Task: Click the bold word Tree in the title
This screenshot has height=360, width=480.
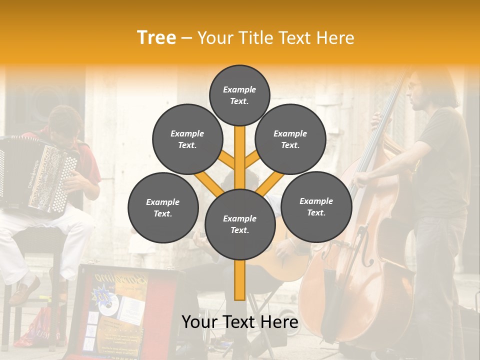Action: tap(156, 37)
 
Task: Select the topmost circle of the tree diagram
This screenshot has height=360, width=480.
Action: tap(239, 95)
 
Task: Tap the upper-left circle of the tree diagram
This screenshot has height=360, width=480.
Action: tap(187, 139)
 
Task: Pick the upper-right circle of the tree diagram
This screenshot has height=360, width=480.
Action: tap(290, 139)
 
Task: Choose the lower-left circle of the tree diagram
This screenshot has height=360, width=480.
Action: tap(163, 207)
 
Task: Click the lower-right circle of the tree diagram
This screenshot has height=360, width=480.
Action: tap(316, 206)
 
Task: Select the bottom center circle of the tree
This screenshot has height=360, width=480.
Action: tap(239, 224)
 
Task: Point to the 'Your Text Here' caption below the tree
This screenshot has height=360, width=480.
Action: tap(239, 322)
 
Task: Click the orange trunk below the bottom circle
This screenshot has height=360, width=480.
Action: tap(239, 280)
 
